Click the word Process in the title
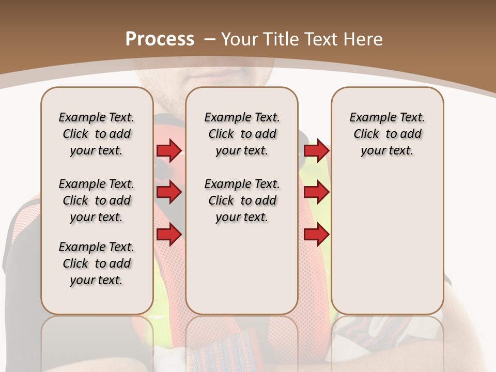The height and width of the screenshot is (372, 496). (x=160, y=39)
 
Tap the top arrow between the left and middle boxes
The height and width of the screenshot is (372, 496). (x=169, y=150)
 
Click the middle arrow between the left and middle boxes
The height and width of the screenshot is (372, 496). (x=169, y=192)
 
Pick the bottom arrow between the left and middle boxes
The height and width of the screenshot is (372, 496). (x=169, y=235)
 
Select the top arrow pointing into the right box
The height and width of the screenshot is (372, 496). (x=316, y=150)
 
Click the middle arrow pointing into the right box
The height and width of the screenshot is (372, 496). (x=316, y=192)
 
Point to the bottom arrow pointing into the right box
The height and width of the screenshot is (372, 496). (x=316, y=235)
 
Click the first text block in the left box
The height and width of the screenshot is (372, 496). (x=97, y=134)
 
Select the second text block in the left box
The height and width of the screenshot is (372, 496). (x=97, y=200)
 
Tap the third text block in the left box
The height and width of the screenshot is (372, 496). (x=97, y=263)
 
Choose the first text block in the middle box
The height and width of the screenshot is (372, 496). (x=242, y=134)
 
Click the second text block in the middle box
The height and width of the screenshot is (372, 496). (x=242, y=200)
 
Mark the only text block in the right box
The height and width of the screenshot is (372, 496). (x=387, y=134)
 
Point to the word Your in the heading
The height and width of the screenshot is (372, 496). (x=240, y=39)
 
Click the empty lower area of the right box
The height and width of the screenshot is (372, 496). (x=387, y=243)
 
